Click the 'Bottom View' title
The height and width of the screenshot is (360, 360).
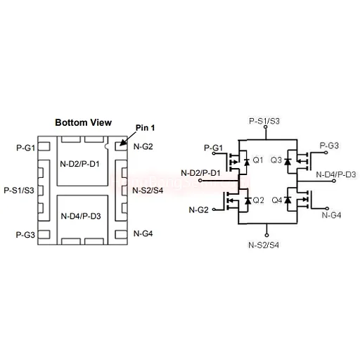83,122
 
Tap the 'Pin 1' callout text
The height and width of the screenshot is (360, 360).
145,128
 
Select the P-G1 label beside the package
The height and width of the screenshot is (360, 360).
25,148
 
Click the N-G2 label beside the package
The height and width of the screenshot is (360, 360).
143,146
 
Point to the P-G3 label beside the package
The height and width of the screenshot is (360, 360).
25,235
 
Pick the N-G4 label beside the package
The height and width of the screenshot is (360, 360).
143,233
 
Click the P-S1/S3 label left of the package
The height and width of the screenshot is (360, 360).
19,191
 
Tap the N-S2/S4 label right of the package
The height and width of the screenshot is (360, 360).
148,191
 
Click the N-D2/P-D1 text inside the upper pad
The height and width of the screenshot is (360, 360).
79,164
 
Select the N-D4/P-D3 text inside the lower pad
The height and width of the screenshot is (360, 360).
81,216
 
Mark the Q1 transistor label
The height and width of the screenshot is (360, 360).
258,160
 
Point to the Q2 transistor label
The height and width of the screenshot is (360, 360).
259,200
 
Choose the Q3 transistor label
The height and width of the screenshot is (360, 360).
276,160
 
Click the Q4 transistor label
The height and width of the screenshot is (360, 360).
277,200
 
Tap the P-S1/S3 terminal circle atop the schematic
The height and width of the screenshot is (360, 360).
266,127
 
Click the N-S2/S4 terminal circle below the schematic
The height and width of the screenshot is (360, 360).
266,235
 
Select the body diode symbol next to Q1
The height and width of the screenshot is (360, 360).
247,162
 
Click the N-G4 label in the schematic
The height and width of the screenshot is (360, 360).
331,215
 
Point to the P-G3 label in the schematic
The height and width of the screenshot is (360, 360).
329,146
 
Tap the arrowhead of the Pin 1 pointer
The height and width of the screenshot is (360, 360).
122,143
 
